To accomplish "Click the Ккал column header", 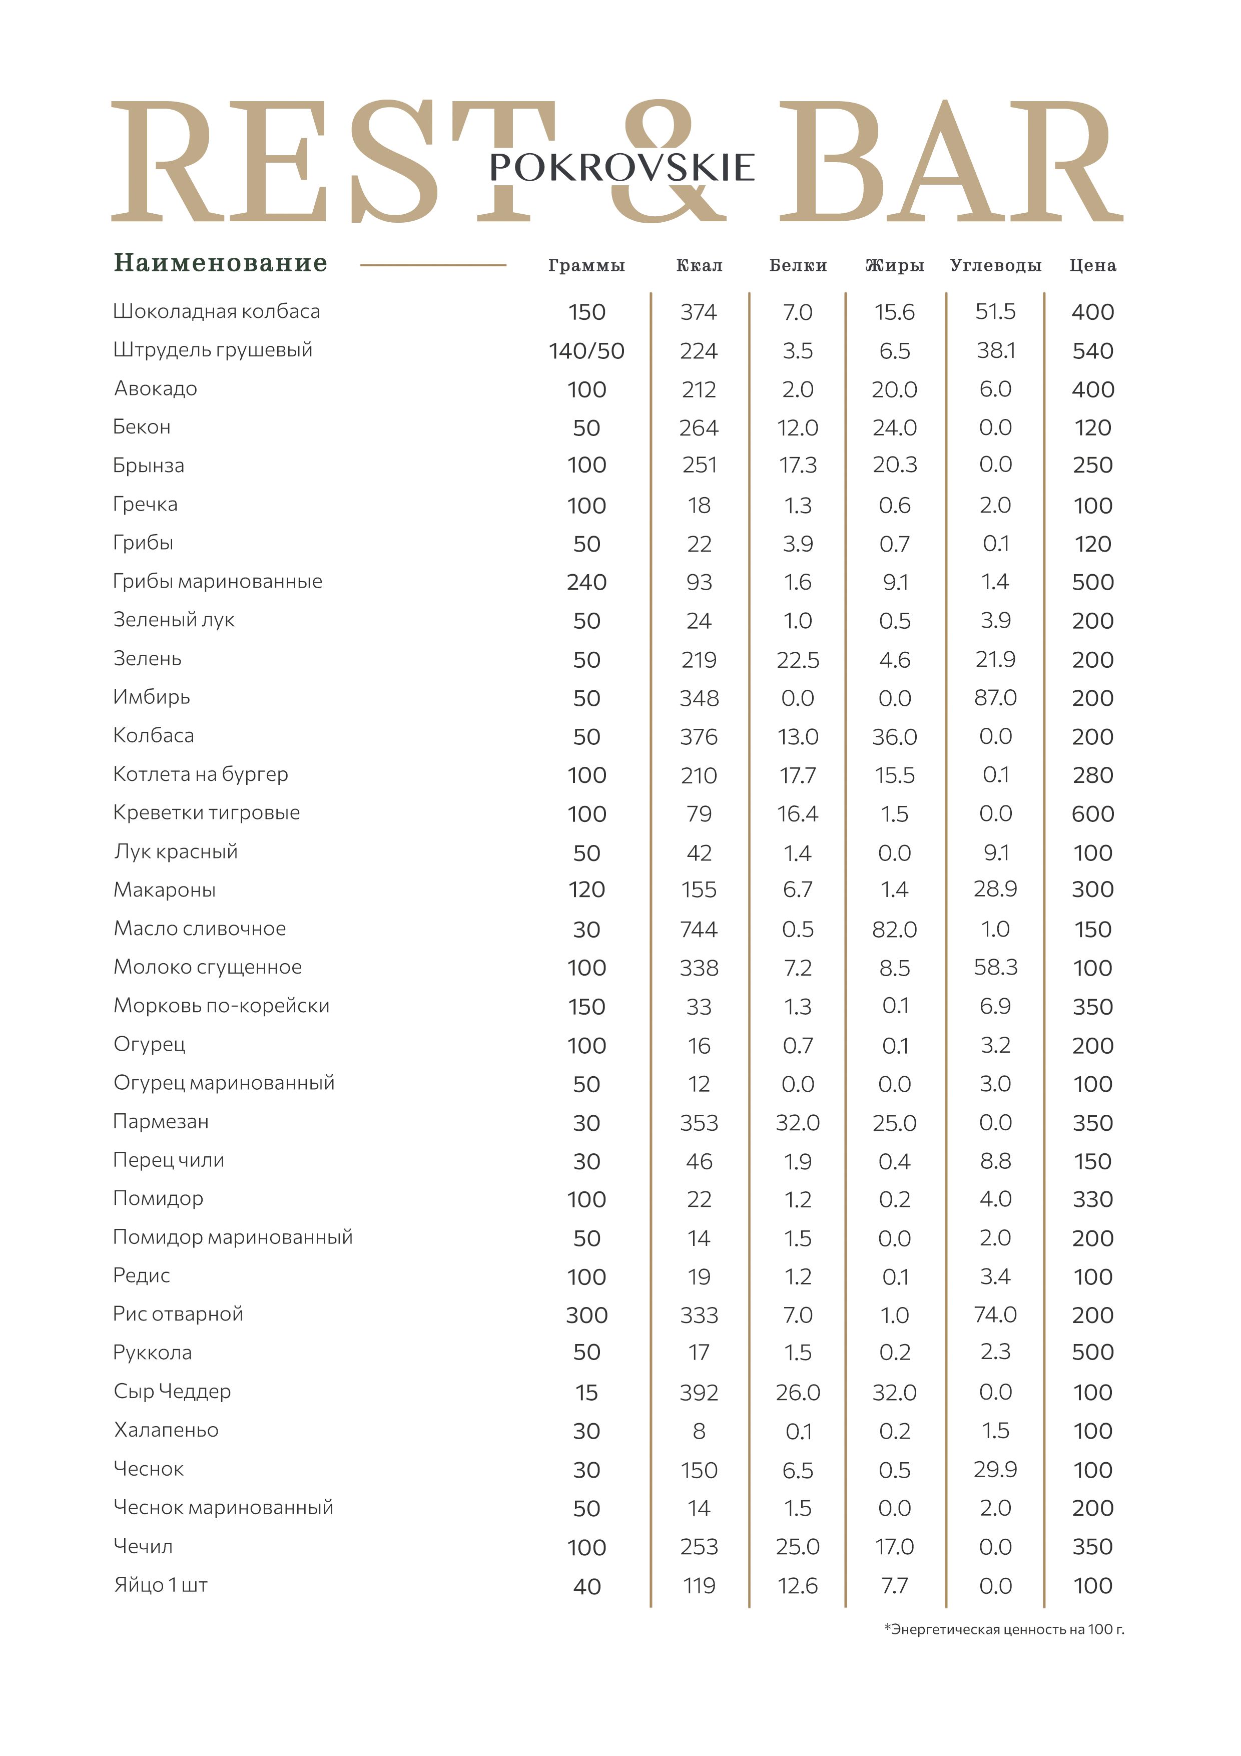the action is (699, 265).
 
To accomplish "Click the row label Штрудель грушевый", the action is (213, 350).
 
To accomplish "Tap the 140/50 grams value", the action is (586, 351).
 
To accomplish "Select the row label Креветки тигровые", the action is (207, 812).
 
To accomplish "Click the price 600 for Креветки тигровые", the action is (1093, 814).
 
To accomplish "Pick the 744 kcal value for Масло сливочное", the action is (699, 929).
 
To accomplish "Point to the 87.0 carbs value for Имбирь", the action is (996, 697).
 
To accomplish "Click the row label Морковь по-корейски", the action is (222, 1006).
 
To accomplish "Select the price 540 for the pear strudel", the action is (1093, 351).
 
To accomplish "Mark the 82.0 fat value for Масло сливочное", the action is (895, 929).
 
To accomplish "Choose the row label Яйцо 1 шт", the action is (161, 1585).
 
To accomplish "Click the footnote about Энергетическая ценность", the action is (1004, 1629).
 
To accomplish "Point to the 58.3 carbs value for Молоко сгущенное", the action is (996, 968).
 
